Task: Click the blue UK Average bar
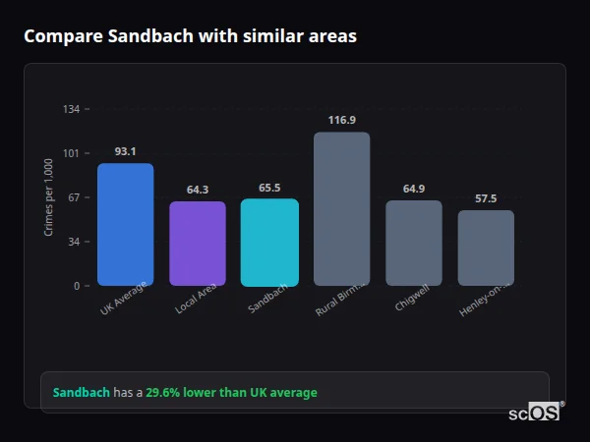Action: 125,224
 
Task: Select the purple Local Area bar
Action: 198,244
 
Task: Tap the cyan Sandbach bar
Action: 269,242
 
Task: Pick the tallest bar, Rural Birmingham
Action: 341,208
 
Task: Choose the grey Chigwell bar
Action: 413,243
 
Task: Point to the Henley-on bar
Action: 486,248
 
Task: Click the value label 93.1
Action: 125,151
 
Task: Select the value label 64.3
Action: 198,190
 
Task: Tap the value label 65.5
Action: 269,188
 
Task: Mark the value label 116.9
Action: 341,120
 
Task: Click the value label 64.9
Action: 413,189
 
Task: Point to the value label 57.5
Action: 486,198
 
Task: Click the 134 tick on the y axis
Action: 71,109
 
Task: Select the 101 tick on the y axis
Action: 71,153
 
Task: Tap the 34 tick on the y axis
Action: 73,242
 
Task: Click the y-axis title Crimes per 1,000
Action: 49,197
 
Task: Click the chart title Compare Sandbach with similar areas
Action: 190,36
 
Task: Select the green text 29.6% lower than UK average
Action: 231,393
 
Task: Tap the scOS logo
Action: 535,413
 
